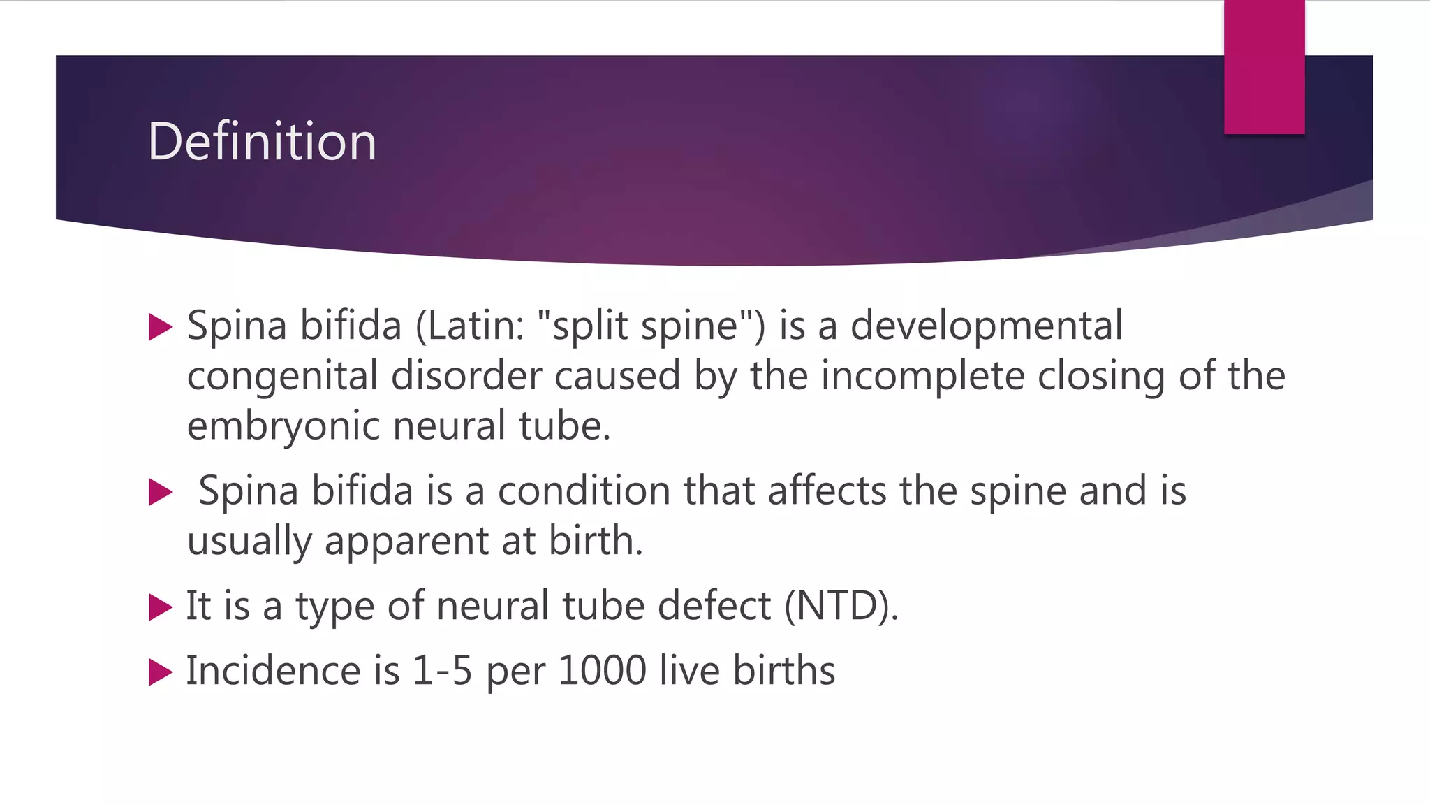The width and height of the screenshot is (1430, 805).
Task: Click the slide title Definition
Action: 262,142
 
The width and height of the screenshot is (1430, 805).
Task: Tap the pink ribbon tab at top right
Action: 1264,66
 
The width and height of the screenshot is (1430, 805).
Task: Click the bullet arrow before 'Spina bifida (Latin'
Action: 161,327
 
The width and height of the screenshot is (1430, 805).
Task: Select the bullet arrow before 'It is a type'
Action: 161,607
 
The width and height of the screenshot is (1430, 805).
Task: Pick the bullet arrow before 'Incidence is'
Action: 161,672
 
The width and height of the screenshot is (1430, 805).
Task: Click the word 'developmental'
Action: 986,326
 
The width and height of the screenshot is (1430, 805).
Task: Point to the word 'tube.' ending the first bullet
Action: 564,426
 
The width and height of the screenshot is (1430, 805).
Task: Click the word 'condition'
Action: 584,491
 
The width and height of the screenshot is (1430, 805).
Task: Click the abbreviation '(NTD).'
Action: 841,606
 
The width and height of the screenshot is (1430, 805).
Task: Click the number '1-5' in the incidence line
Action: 442,671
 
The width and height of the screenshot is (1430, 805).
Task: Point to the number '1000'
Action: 602,671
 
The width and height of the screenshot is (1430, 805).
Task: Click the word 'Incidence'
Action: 273,671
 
